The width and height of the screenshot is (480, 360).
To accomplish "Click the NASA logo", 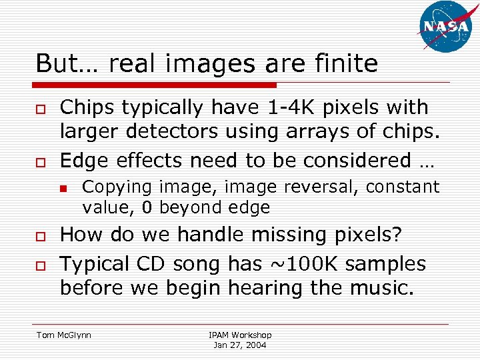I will [446, 27].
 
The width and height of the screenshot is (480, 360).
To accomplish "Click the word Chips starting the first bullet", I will [88, 107].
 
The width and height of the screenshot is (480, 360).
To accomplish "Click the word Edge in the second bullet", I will [83, 160].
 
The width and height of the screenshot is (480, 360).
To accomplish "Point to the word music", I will [384, 288].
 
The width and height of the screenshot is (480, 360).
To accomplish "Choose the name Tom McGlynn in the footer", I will [64, 335].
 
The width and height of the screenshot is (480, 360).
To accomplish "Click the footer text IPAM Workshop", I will [240, 335].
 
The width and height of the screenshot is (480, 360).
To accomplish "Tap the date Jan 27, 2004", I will [240, 345].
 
